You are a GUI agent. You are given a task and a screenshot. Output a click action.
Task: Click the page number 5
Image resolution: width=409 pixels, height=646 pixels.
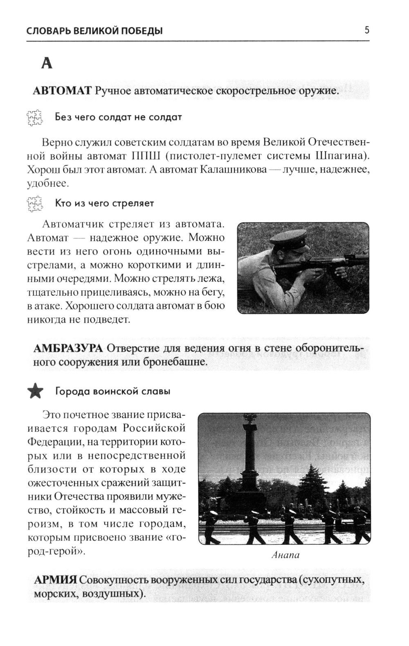click(366, 30)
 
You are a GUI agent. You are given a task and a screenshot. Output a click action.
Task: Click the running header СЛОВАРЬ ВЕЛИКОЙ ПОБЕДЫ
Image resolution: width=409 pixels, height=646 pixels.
click(94, 31)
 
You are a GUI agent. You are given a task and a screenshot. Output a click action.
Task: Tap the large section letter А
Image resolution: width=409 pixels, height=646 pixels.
click(47, 63)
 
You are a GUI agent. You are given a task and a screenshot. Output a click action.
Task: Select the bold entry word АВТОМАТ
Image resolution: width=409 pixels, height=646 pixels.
click(62, 91)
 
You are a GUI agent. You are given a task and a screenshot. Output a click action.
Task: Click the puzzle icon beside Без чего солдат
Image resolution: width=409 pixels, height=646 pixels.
click(34, 118)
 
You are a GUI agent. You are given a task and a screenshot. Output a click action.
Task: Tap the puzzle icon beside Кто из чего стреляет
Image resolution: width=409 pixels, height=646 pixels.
click(34, 204)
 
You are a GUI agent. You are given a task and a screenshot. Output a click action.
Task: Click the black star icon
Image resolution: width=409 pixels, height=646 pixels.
click(35, 391)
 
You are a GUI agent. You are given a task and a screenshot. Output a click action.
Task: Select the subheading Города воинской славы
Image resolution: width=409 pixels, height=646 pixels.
click(112, 392)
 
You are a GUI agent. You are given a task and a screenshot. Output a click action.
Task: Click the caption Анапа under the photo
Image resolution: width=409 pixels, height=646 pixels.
click(285, 555)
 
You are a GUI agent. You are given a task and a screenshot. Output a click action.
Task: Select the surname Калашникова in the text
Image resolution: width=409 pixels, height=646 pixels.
click(234, 170)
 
